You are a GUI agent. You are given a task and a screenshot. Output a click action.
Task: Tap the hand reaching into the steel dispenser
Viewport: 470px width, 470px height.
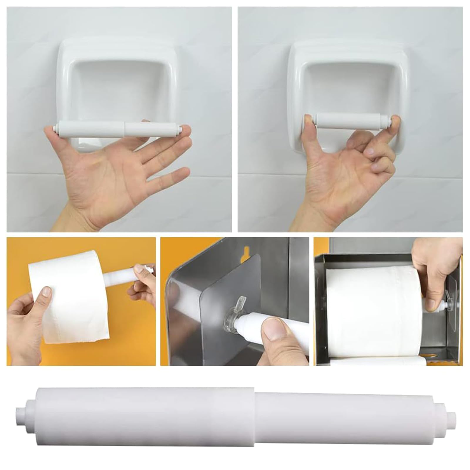[x=432, y=270]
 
